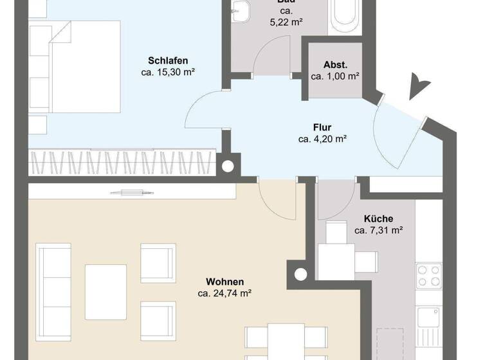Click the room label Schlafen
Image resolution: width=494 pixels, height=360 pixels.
[167, 60]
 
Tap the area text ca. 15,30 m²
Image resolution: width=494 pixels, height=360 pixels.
[167, 72]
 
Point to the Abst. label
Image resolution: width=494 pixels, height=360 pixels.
[335, 64]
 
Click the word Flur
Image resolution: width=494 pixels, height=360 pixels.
[322, 127]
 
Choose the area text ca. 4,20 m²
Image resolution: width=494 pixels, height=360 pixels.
[322, 138]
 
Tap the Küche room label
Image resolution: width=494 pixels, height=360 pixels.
[378, 219]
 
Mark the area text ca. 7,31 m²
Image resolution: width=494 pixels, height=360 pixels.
[378, 230]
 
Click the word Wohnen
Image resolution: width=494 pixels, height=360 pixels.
[224, 281]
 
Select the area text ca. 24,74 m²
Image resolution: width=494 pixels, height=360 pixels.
[224, 292]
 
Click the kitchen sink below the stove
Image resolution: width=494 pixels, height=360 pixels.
[428, 317]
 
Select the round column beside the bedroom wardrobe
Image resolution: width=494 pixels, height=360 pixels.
[228, 166]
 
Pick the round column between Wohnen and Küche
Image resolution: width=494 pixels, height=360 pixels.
[299, 273]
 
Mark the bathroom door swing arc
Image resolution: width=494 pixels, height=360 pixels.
[270, 55]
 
